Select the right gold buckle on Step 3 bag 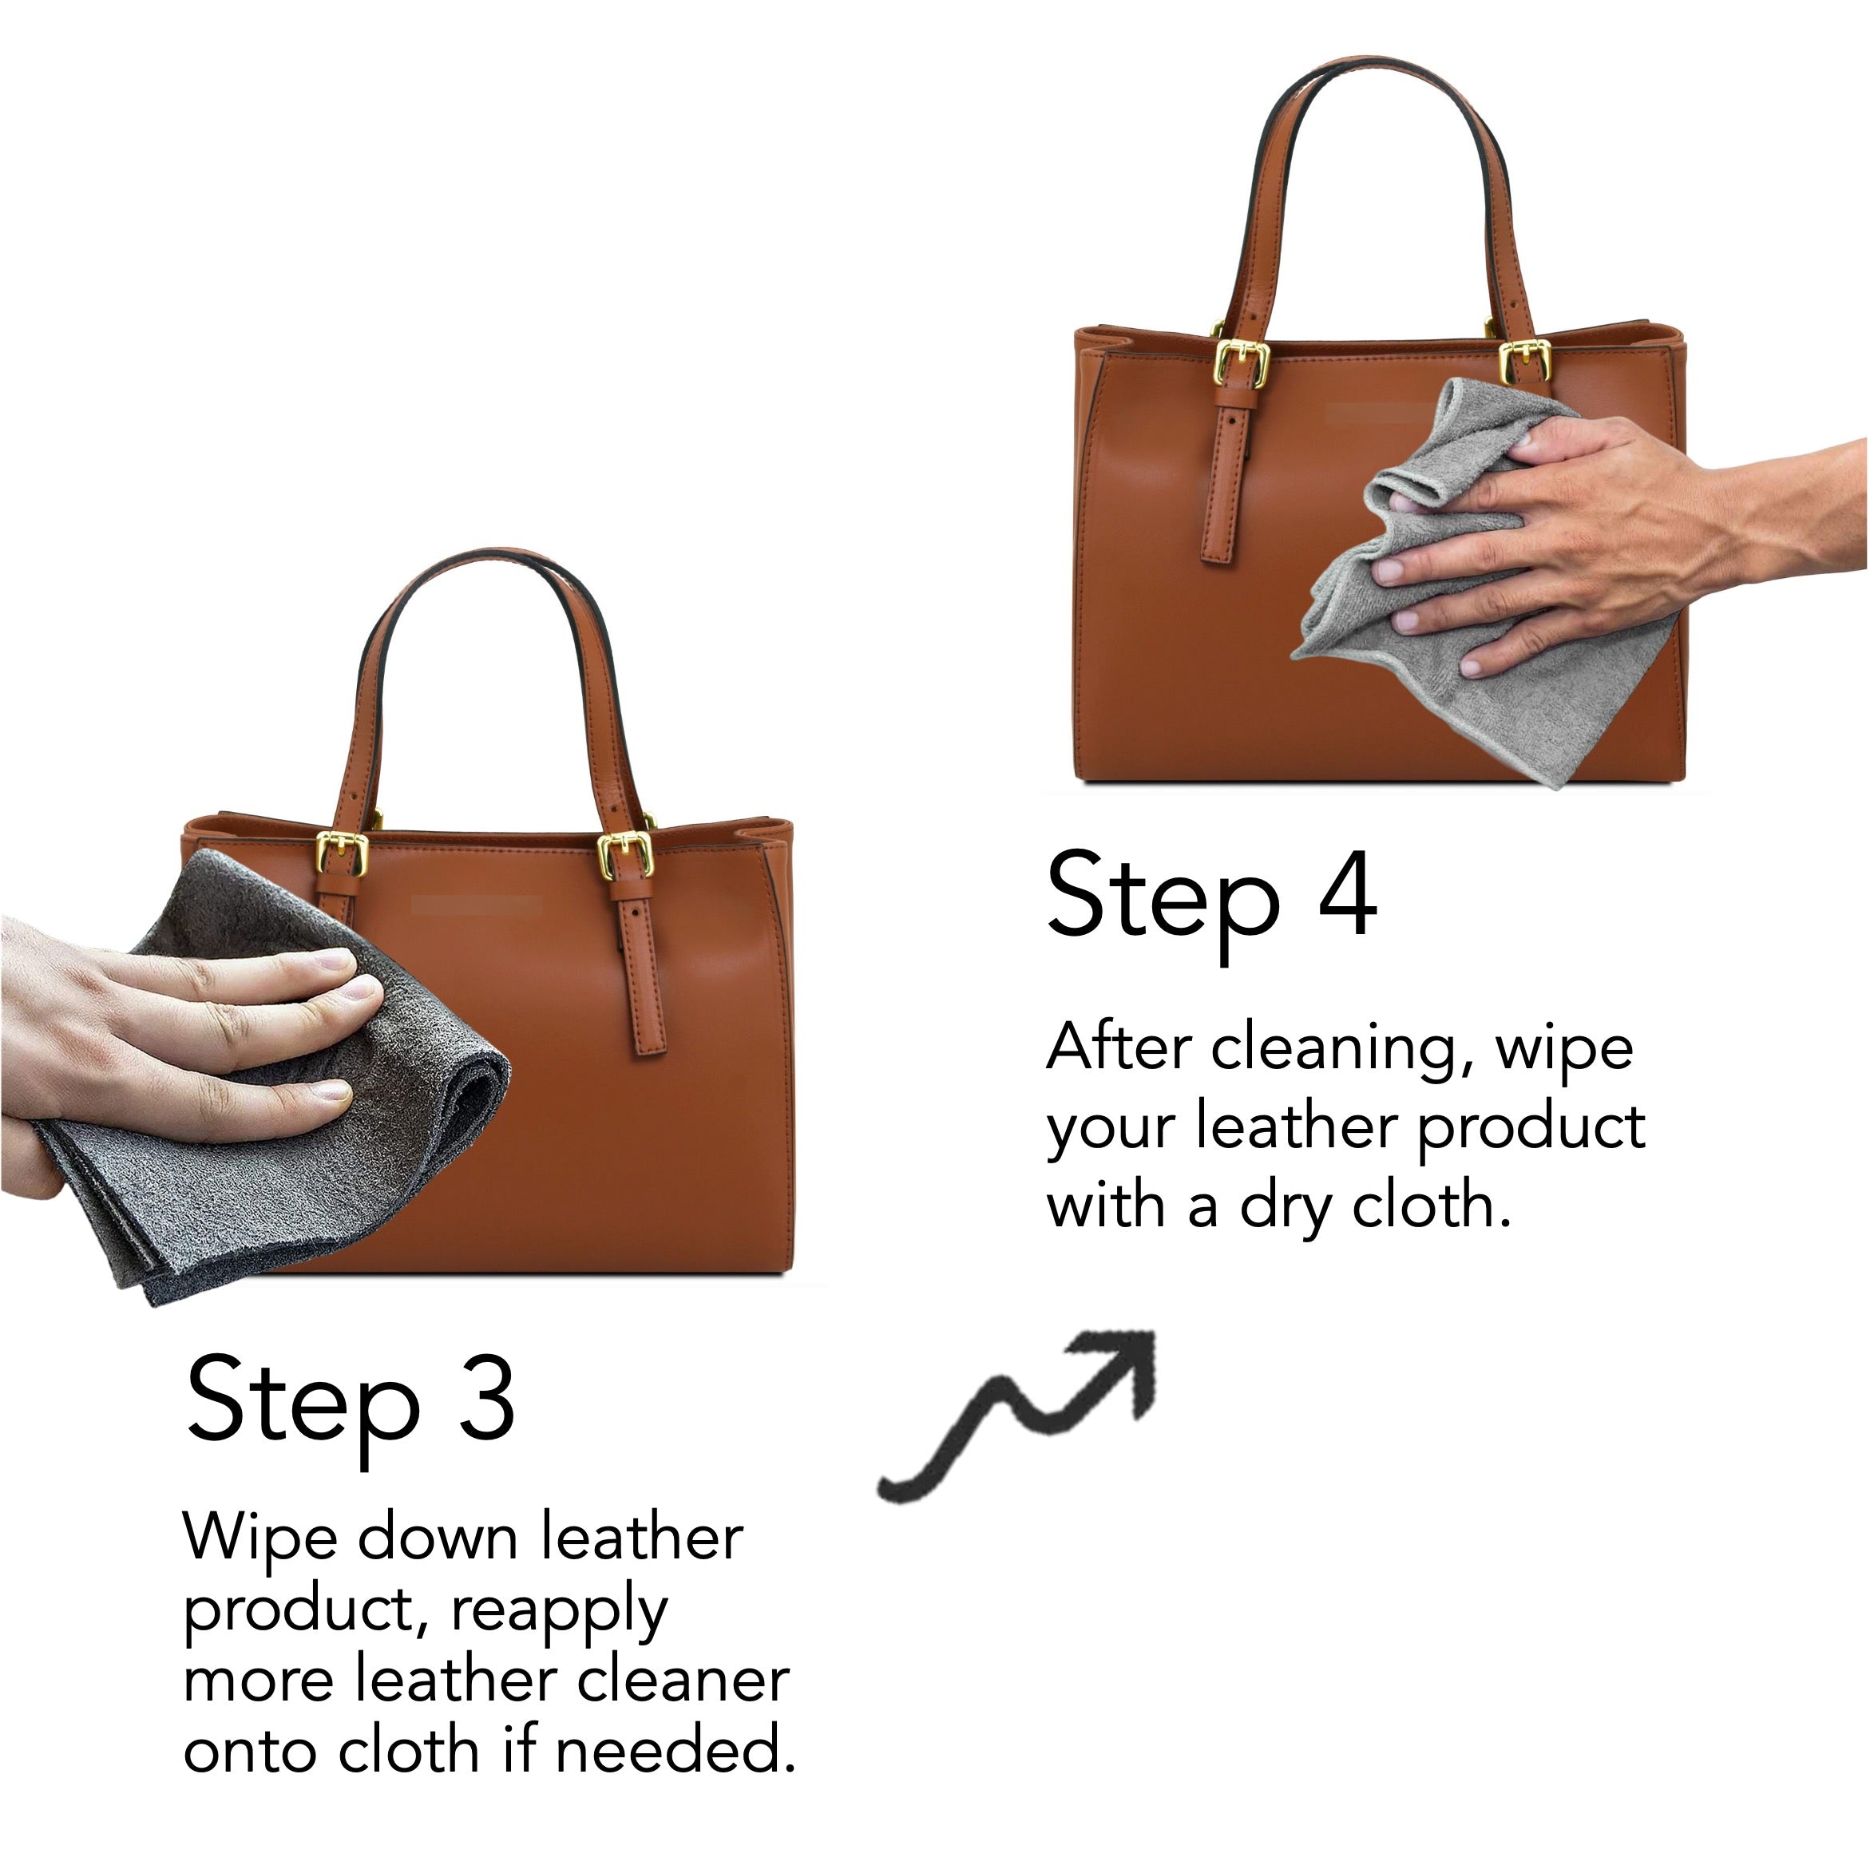tap(625, 854)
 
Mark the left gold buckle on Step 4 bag tap(1242, 363)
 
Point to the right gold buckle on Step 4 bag tap(1525, 362)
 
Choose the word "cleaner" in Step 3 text tap(683, 1682)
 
